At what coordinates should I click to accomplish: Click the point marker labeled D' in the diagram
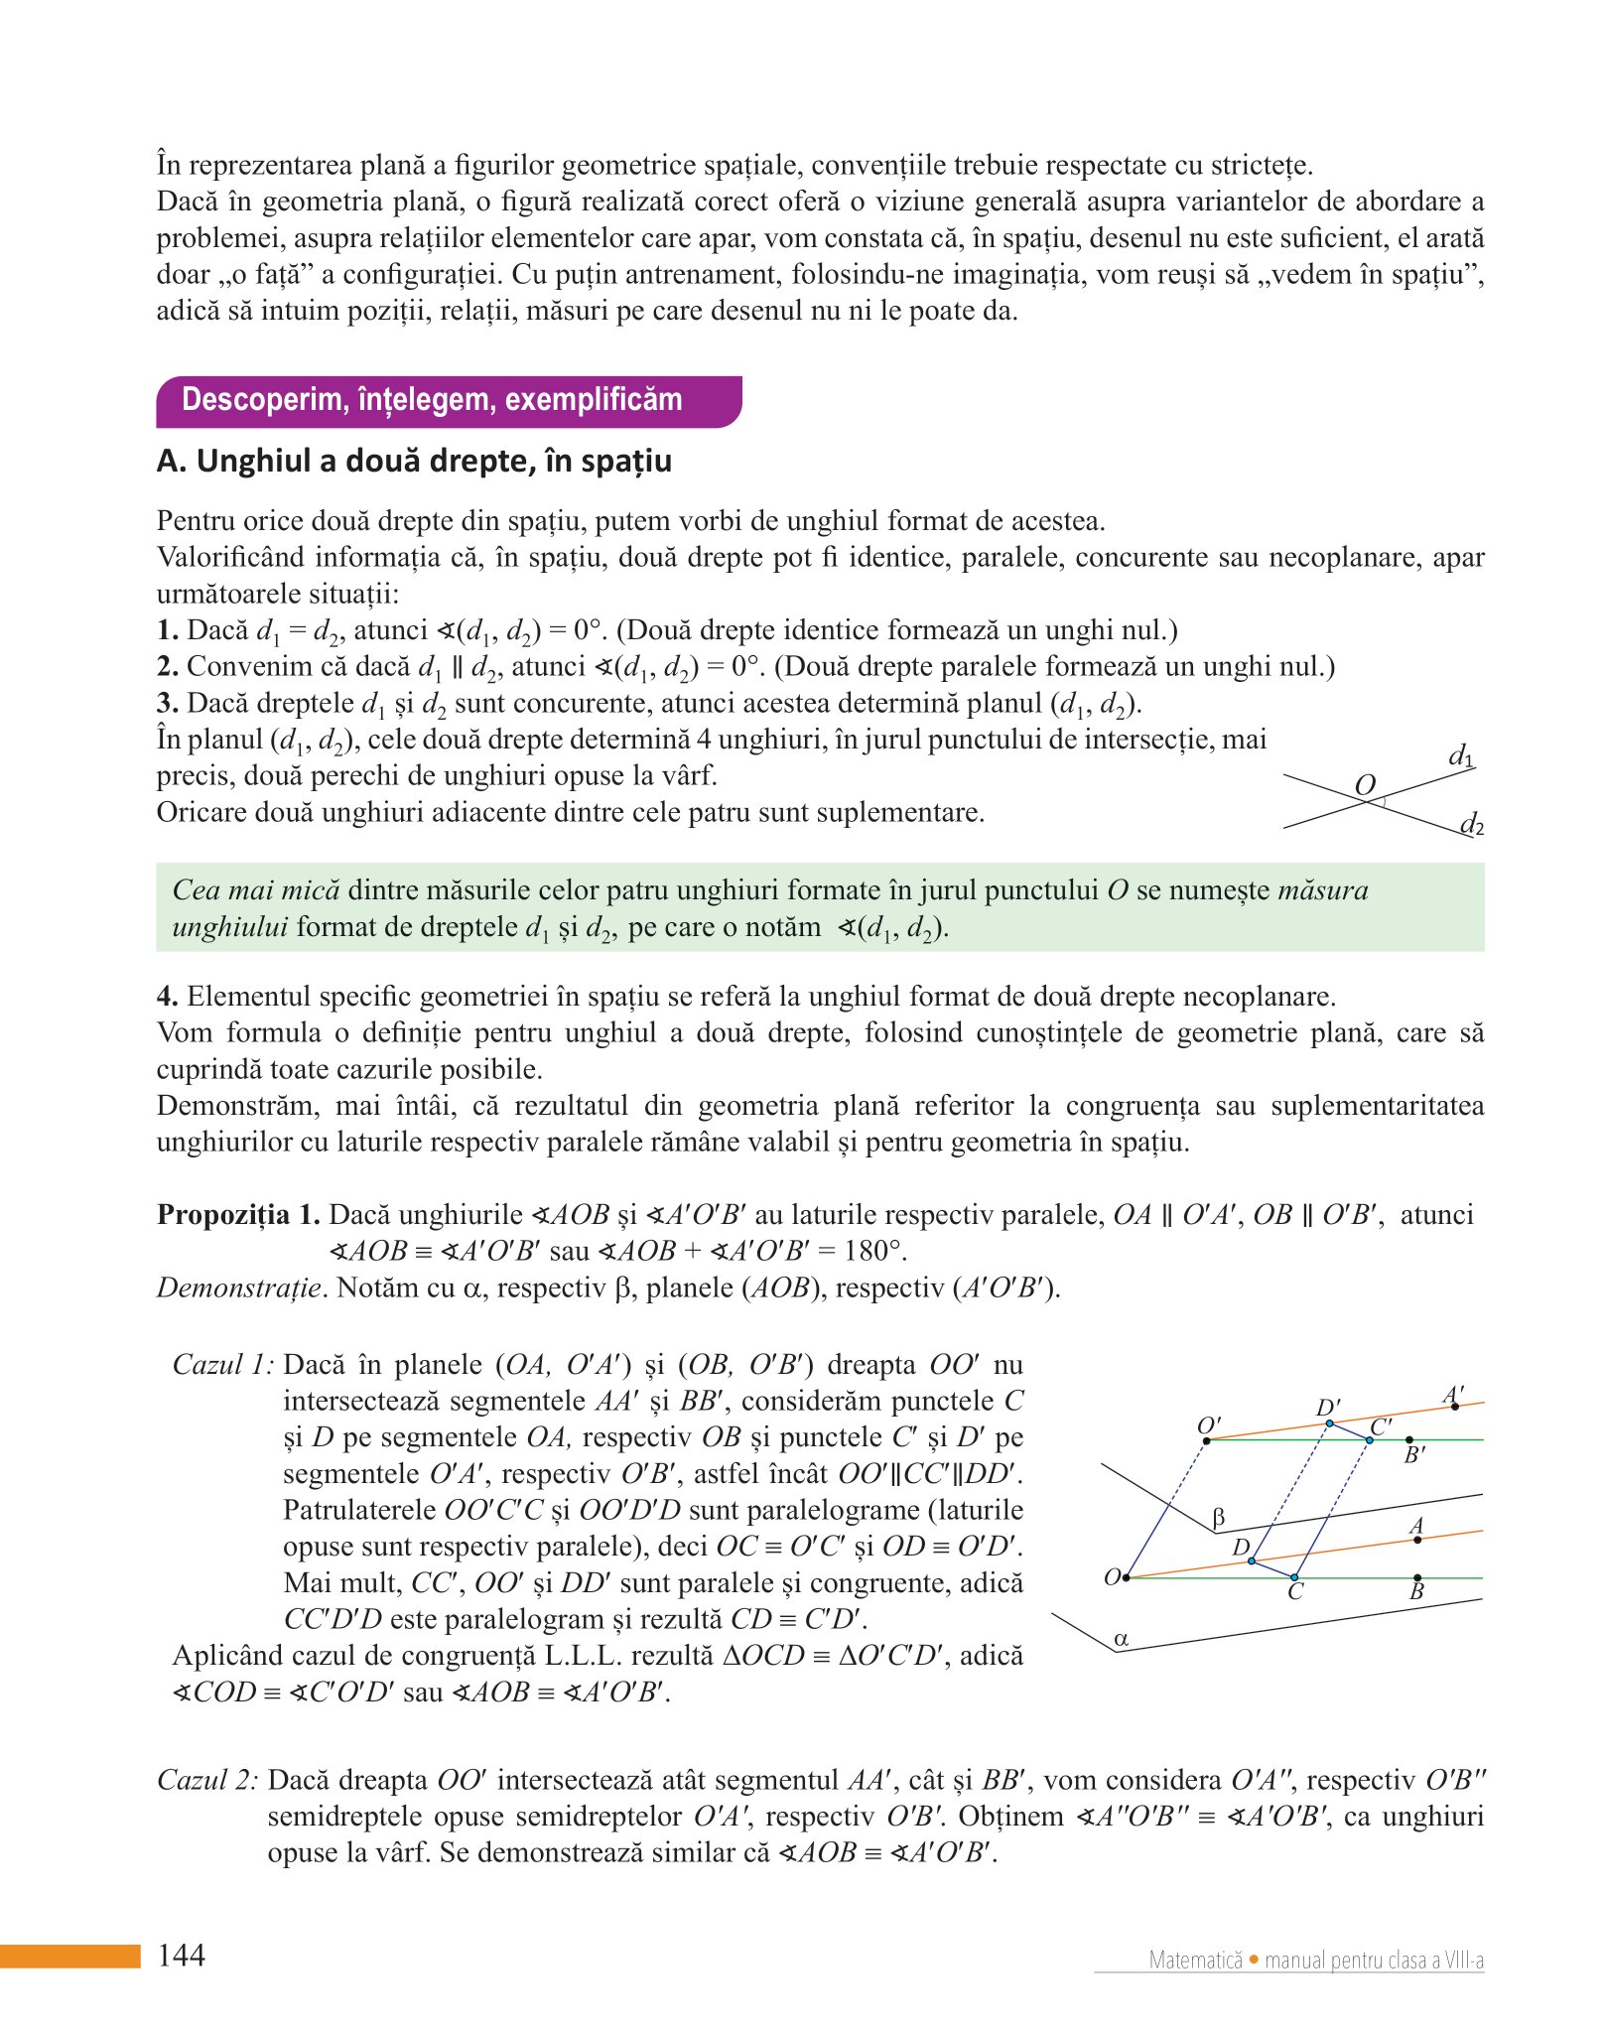pyautogui.click(x=1330, y=1423)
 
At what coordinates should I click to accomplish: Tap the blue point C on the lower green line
pyautogui.click(x=1294, y=1577)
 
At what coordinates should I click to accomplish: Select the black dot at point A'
pyautogui.click(x=1455, y=1407)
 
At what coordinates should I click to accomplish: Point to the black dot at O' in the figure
pyautogui.click(x=1207, y=1440)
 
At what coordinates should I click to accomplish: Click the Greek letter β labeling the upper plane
pyautogui.click(x=1219, y=1518)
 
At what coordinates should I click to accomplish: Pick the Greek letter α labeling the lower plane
pyautogui.click(x=1122, y=1639)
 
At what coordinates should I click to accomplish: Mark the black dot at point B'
pyautogui.click(x=1409, y=1439)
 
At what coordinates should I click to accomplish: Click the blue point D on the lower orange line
pyautogui.click(x=1252, y=1561)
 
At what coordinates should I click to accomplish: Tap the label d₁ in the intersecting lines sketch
pyautogui.click(x=1460, y=756)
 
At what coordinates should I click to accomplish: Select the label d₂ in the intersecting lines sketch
pyautogui.click(x=1471, y=824)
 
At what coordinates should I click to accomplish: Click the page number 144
pyautogui.click(x=182, y=1955)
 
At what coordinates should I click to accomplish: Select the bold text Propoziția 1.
pyautogui.click(x=238, y=1215)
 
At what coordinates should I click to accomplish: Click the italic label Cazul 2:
pyautogui.click(x=207, y=1780)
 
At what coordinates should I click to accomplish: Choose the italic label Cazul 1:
pyautogui.click(x=223, y=1365)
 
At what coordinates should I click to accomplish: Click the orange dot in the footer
pyautogui.click(x=1254, y=1960)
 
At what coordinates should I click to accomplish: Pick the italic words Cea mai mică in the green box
pyautogui.click(x=256, y=890)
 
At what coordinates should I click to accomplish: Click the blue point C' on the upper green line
pyautogui.click(x=1370, y=1439)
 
